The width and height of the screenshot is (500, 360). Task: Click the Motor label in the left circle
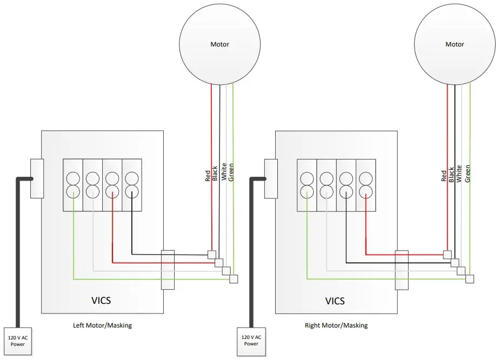click(x=219, y=44)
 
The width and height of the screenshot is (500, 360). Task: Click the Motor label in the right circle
click(x=454, y=44)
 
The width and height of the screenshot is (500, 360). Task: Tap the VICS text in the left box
click(x=101, y=300)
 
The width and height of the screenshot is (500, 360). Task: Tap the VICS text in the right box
click(x=335, y=301)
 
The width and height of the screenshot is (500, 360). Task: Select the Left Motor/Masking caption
click(x=102, y=325)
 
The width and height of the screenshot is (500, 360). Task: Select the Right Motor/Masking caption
click(x=336, y=325)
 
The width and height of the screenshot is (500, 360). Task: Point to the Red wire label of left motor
click(x=208, y=176)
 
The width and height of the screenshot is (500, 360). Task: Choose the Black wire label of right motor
click(x=451, y=174)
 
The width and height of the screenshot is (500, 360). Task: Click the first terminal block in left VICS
click(x=73, y=185)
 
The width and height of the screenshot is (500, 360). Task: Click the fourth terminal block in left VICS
click(x=132, y=185)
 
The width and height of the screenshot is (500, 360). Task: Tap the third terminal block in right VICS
click(x=346, y=185)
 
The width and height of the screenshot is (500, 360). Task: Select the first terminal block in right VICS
click(x=307, y=185)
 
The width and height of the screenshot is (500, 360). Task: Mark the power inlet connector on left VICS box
click(x=36, y=178)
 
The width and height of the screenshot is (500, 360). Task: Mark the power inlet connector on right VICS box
click(x=270, y=178)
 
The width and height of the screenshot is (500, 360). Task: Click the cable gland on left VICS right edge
click(x=168, y=269)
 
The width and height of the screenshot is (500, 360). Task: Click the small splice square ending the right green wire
click(x=469, y=279)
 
